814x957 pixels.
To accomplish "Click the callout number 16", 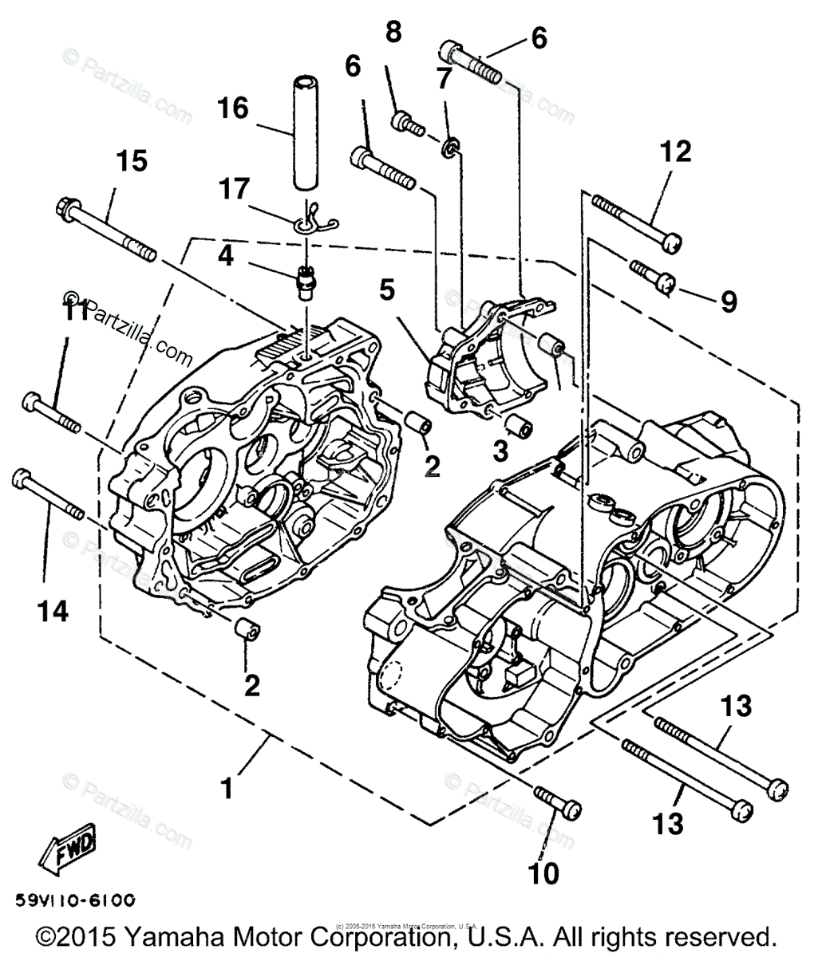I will coord(233,108).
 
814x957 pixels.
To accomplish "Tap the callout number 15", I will coord(132,161).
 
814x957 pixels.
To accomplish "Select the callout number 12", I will coord(675,151).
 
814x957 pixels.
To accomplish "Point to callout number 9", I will coord(728,301).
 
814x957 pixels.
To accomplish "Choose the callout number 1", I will coord(227,789).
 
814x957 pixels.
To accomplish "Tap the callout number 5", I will coord(386,290).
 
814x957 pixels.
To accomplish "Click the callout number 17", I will coord(235,189).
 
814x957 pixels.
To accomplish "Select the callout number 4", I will coord(226,255).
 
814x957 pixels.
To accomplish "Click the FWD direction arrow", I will coord(65,849).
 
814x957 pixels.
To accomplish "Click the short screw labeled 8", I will coord(407,124).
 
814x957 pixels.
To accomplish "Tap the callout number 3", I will coord(500,452).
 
